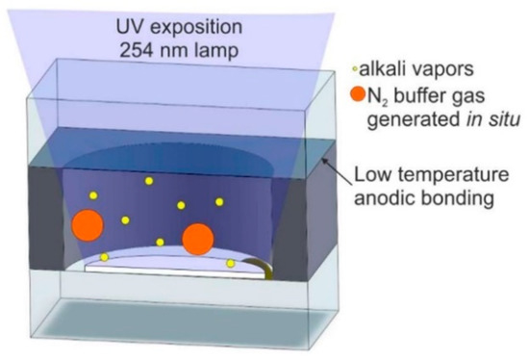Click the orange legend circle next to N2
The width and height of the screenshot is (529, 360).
[x=358, y=94]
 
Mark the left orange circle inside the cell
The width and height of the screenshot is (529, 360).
[x=87, y=226]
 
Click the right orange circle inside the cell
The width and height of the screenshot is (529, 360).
[x=197, y=239]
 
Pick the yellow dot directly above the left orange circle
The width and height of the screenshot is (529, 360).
[x=93, y=195]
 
